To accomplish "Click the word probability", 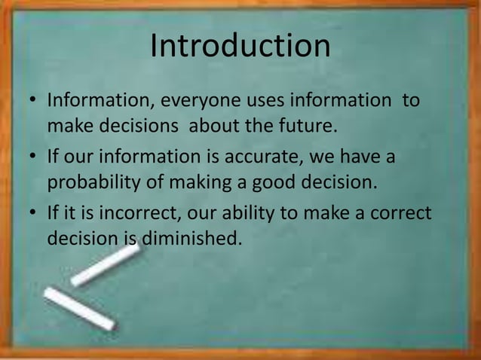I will pos(97,182).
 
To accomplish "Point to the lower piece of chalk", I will pos(78,309).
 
